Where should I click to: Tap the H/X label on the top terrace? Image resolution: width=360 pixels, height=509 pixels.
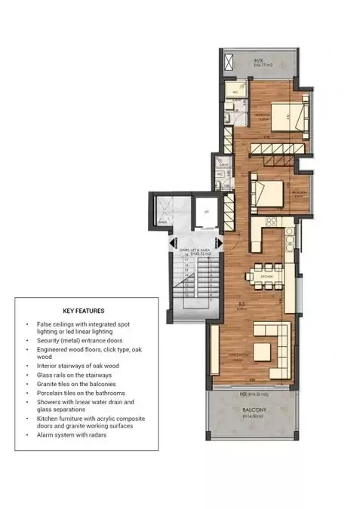tap(258, 61)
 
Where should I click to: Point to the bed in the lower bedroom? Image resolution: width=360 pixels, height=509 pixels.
tap(266, 189)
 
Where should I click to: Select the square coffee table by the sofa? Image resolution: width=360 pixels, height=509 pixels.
tap(260, 351)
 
